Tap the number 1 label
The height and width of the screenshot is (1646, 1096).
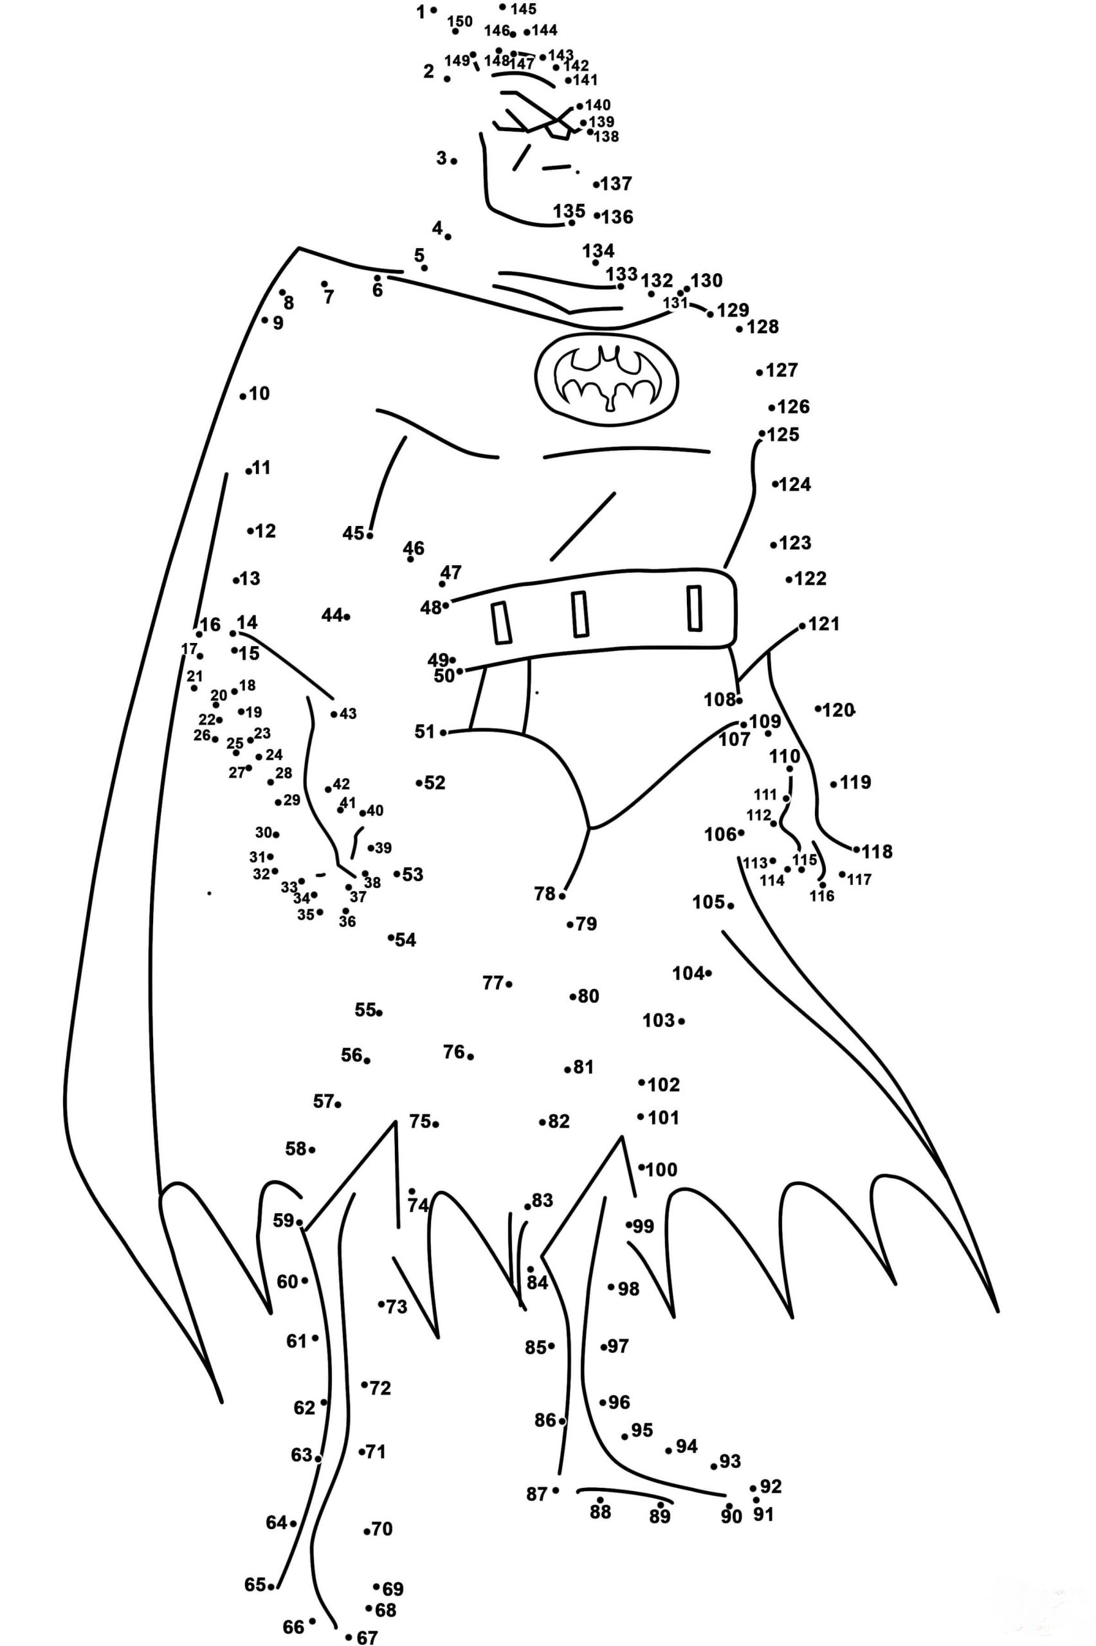click(x=421, y=12)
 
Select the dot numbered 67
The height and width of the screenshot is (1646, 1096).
click(x=349, y=1637)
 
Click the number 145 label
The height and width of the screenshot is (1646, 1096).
click(x=524, y=9)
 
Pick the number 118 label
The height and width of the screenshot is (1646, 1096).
click(x=877, y=852)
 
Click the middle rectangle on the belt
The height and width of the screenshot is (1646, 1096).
click(x=580, y=614)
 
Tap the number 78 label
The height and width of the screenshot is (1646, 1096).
click(x=545, y=894)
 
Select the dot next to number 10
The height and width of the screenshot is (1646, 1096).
click(x=242, y=396)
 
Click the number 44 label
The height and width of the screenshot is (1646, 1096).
click(x=331, y=615)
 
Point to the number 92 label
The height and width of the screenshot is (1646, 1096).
click(x=771, y=1486)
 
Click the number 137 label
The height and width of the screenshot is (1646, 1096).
click(x=616, y=184)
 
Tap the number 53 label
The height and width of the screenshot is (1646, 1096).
click(x=412, y=874)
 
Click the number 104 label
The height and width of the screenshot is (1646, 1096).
click(x=688, y=973)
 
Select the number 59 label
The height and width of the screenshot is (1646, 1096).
click(x=283, y=1220)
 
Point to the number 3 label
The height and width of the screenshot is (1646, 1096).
click(x=441, y=158)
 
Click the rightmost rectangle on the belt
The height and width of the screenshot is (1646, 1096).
click(x=694, y=608)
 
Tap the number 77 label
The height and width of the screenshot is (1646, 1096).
click(x=493, y=983)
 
